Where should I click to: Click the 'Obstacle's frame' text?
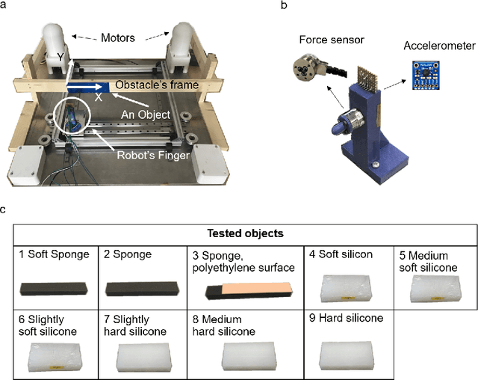tap(157, 85)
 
